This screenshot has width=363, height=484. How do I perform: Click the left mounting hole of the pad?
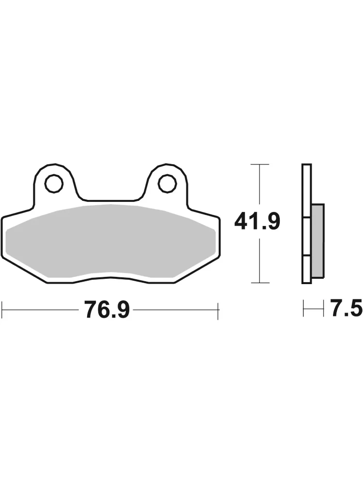(x=55, y=184)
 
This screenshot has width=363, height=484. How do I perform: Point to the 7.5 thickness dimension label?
(x=346, y=307)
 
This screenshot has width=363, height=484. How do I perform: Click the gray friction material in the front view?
(x=110, y=241)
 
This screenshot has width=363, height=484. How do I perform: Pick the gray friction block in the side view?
(x=318, y=240)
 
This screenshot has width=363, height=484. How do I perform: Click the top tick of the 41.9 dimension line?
(x=260, y=164)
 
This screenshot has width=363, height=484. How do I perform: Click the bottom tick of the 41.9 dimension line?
(x=260, y=283)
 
